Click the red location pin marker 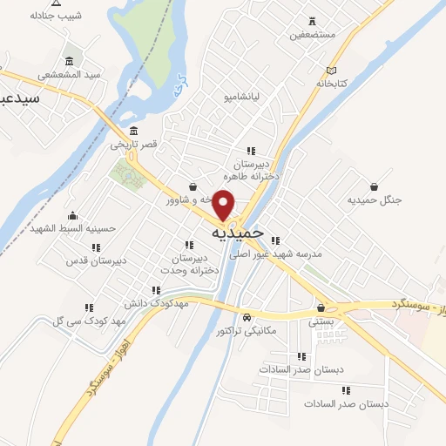coord(225,204)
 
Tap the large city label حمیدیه coord(237,233)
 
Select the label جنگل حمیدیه coord(375,200)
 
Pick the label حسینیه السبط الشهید coord(72,228)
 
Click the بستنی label coord(321,321)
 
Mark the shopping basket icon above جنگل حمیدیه coord(375,186)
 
